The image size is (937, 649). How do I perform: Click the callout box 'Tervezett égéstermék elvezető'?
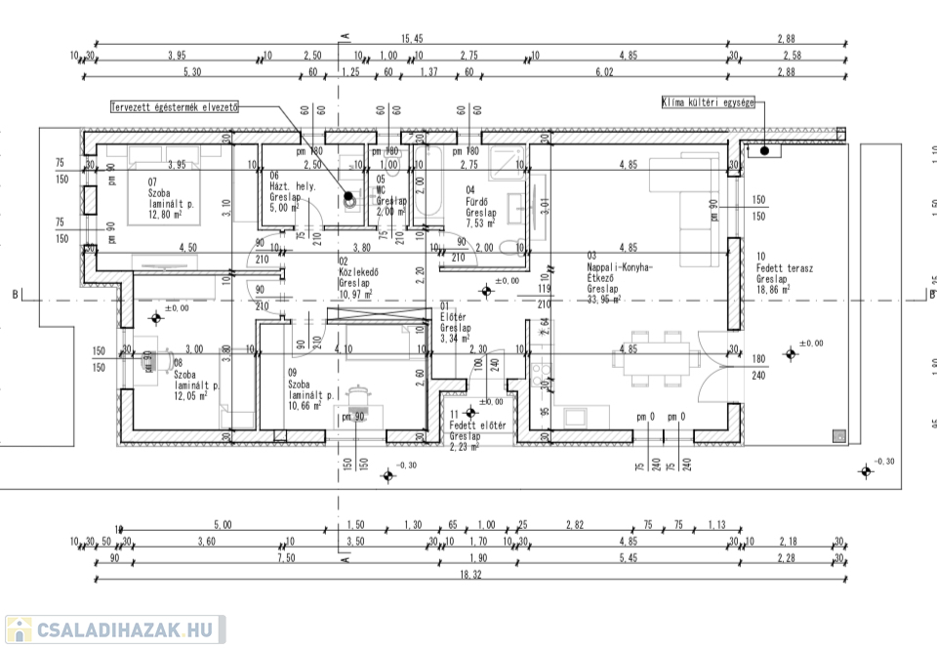(175, 107)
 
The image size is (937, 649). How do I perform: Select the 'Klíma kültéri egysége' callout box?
(709, 101)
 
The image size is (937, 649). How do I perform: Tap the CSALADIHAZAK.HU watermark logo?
(114, 629)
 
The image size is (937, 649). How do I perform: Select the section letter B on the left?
(16, 294)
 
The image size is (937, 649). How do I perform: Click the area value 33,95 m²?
(604, 300)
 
